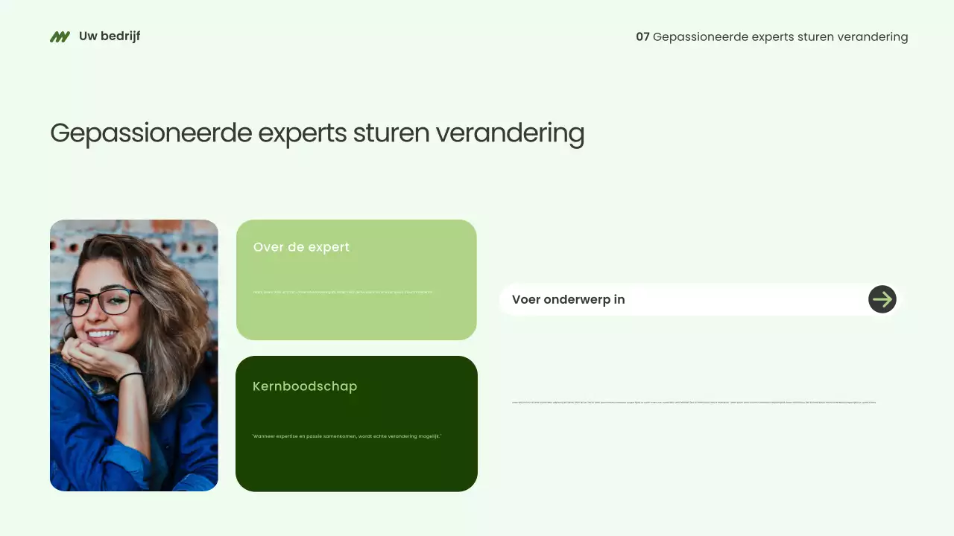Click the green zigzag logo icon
click(x=60, y=36)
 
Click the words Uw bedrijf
click(x=110, y=36)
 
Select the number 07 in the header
click(x=642, y=36)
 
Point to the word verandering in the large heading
click(x=510, y=133)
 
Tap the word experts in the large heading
click(x=302, y=133)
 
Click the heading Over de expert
click(x=301, y=247)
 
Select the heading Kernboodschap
click(x=305, y=386)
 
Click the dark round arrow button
click(x=882, y=299)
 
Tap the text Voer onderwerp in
click(x=568, y=299)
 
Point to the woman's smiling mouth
click(x=103, y=334)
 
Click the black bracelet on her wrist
click(x=130, y=377)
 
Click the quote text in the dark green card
click(x=347, y=436)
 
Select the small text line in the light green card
click(x=343, y=292)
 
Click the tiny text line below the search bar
click(x=693, y=402)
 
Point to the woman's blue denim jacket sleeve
click(x=82, y=439)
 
